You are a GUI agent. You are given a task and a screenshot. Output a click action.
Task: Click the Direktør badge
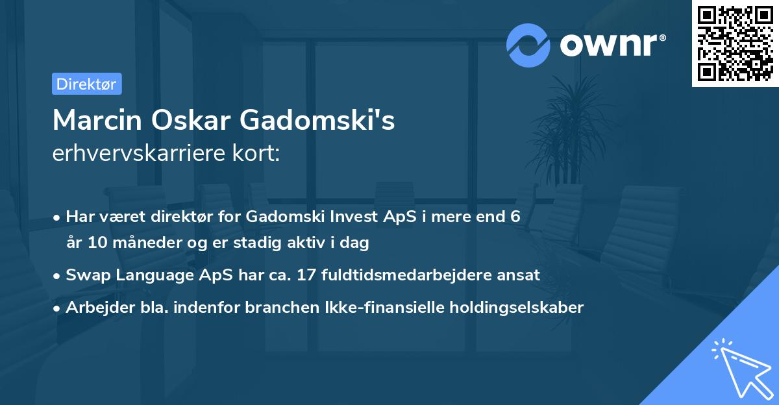point(86,84)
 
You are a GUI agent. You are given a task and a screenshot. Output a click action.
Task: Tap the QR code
point(736,43)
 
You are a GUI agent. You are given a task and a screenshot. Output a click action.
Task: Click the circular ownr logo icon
point(528,45)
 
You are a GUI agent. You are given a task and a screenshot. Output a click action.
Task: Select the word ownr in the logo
point(612,44)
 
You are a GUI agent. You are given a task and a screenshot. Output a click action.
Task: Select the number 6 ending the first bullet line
point(515,216)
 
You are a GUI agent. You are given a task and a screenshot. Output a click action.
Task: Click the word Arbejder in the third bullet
point(95,308)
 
